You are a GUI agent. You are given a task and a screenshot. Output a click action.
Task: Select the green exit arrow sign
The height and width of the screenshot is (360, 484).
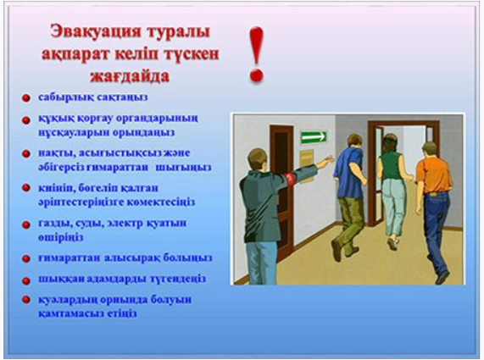pyautogui.click(x=314, y=137)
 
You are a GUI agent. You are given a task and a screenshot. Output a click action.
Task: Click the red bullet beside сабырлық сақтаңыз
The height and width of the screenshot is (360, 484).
pyautogui.click(x=27, y=98)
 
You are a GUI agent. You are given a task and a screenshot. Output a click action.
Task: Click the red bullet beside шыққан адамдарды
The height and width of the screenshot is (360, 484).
pyautogui.click(x=27, y=280)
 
